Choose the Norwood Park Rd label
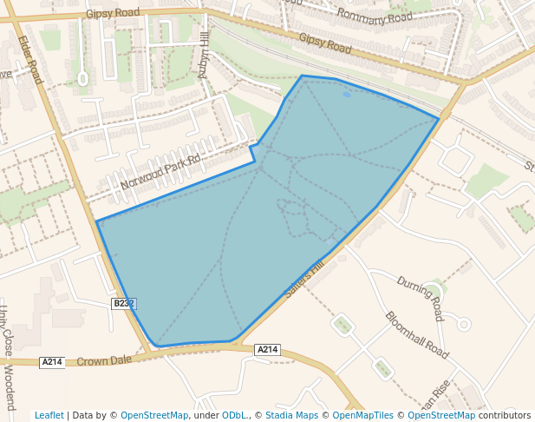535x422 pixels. pyautogui.click(x=160, y=172)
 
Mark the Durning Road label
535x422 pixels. pyautogui.click(x=420, y=297)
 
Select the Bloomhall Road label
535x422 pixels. pyautogui.click(x=417, y=335)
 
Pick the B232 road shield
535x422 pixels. pyautogui.click(x=124, y=303)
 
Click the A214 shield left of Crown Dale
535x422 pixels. pyautogui.click(x=52, y=362)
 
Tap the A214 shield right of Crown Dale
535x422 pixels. pyautogui.click(x=267, y=349)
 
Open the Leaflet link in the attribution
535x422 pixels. pyautogui.click(x=49, y=415)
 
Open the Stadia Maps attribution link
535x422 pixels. pyautogui.click(x=291, y=415)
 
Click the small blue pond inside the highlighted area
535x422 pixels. pyautogui.click(x=347, y=94)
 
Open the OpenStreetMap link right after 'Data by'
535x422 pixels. pyautogui.click(x=154, y=415)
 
